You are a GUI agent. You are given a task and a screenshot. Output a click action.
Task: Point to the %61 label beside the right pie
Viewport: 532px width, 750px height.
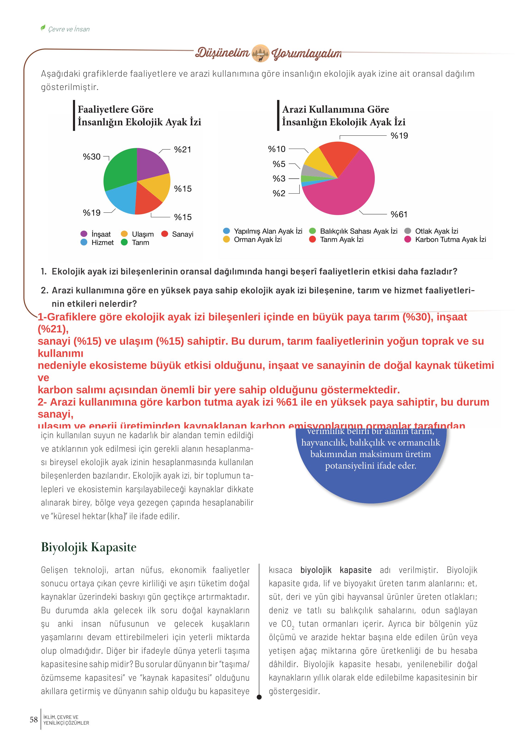point(399,214)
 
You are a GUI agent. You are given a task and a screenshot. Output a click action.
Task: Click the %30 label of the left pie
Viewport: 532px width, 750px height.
point(92,157)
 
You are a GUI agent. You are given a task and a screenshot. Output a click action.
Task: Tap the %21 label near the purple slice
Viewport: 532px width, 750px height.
point(182,150)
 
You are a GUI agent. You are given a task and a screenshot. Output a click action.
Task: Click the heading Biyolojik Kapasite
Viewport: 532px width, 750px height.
point(88,547)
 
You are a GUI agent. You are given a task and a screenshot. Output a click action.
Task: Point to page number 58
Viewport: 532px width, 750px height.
point(34,720)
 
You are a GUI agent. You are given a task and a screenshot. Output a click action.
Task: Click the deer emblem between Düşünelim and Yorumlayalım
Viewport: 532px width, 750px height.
point(260,53)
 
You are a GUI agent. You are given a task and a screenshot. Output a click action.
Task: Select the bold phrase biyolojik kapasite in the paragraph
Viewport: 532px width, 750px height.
point(336,570)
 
